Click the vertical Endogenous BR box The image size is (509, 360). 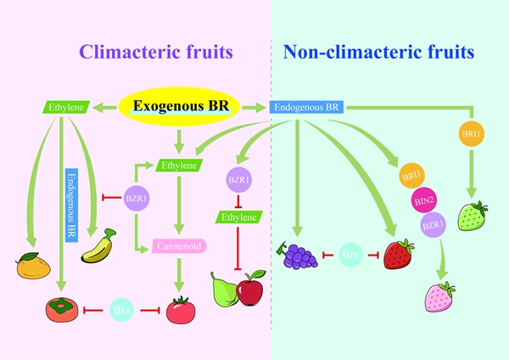pos(71,205)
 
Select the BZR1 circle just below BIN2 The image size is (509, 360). pos(433,225)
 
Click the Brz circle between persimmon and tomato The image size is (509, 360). pos(121,310)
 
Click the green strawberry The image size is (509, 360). pos(473,216)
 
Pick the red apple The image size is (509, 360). pos(250,292)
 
